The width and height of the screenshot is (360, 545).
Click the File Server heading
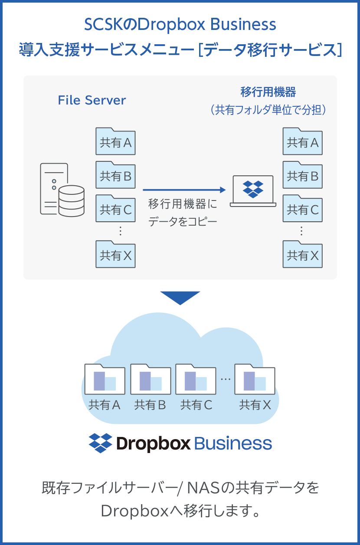click(x=92, y=100)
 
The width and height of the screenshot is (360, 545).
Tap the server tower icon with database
click(x=62, y=190)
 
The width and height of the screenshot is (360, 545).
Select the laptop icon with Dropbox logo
click(x=253, y=190)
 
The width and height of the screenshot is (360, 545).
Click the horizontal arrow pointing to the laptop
click(x=184, y=190)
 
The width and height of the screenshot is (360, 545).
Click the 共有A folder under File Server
click(x=115, y=141)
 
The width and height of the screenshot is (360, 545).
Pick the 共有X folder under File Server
click(x=115, y=254)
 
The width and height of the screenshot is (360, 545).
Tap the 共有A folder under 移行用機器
click(x=302, y=141)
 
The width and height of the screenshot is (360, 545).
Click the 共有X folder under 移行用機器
click(x=302, y=254)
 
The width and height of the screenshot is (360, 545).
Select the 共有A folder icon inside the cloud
click(x=105, y=379)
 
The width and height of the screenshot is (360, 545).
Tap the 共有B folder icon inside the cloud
click(x=151, y=379)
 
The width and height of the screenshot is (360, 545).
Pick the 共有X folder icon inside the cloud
click(x=255, y=379)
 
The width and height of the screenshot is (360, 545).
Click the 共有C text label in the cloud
click(x=196, y=405)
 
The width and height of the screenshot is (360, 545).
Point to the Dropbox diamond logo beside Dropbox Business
click(x=100, y=443)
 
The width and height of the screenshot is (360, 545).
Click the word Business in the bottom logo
click(x=233, y=443)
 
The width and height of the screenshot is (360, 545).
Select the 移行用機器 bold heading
click(x=268, y=92)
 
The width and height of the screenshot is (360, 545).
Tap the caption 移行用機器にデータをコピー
click(x=183, y=213)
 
